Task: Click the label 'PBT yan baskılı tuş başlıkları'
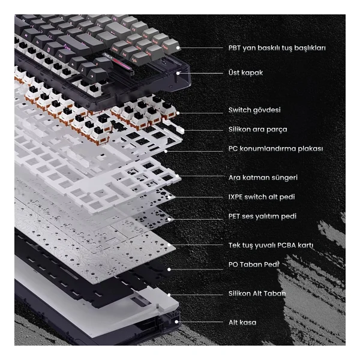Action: tap(277, 48)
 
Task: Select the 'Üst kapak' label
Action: tap(245, 73)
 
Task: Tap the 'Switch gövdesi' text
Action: tap(254, 110)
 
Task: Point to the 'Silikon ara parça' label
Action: tap(257, 129)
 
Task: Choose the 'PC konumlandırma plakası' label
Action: tap(275, 149)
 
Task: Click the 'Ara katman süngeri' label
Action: tap(263, 178)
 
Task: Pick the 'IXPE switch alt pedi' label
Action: tap(262, 197)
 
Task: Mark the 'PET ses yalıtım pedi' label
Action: tap(262, 216)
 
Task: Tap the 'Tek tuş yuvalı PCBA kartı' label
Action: tap(271, 245)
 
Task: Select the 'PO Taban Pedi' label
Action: tap(254, 265)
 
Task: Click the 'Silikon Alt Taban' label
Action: tap(257, 293)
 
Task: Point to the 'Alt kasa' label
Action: tap(242, 322)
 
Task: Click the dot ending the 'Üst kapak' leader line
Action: tap(178, 73)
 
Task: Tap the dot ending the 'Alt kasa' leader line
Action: tap(176, 322)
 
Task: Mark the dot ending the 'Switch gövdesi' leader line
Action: tap(178, 113)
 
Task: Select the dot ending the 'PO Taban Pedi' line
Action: tap(169, 269)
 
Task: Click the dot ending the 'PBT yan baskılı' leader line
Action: tap(178, 48)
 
